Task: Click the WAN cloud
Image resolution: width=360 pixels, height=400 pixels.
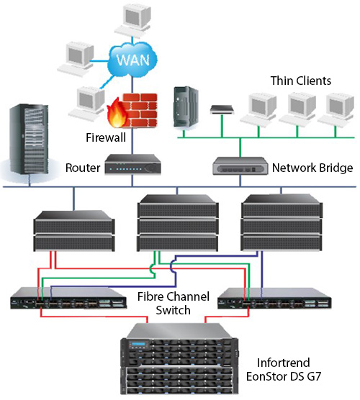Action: [132, 60]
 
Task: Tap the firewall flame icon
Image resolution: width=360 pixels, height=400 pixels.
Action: [117, 113]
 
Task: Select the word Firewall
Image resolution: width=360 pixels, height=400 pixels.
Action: [106, 137]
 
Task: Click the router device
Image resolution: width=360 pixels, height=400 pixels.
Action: [132, 164]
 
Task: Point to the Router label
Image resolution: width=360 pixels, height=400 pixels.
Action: [83, 168]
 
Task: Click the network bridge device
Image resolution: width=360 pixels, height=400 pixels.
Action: [240, 165]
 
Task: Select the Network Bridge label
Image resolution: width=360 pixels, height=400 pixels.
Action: [312, 168]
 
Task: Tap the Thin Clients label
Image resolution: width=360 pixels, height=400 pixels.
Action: [301, 81]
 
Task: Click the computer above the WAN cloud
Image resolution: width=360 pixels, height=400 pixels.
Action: [132, 20]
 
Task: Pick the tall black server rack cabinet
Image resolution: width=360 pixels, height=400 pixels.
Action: [29, 140]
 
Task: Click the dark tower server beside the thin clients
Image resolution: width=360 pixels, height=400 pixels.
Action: [186, 106]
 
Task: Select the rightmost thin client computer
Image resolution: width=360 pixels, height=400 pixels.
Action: [336, 111]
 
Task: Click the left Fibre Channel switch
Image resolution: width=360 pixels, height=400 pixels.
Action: [68, 299]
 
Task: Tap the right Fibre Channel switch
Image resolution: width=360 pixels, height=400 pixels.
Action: [274, 299]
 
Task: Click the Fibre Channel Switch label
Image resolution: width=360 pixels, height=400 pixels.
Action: [174, 304]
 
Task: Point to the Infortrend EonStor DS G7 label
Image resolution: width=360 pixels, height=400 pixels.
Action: [284, 370]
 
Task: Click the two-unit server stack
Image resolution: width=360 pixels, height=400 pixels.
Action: [74, 231]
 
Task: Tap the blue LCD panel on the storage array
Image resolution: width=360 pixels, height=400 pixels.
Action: [138, 344]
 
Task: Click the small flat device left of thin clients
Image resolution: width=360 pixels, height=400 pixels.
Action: [222, 109]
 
